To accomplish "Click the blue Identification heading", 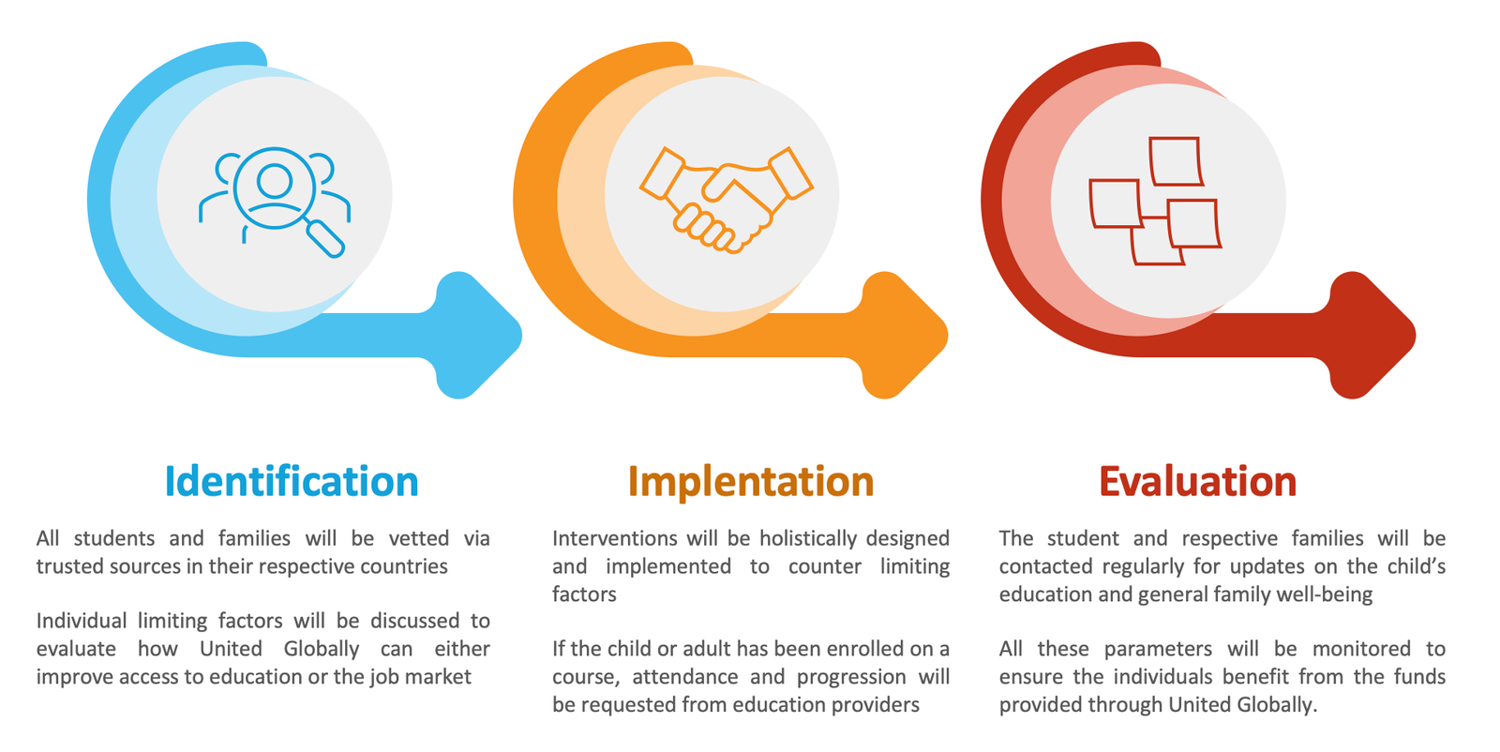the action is click(292, 481).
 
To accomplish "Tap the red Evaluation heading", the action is click(1198, 481).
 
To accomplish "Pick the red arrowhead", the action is click(1372, 335).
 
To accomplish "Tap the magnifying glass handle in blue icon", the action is click(325, 238).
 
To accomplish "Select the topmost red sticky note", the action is click(1176, 160).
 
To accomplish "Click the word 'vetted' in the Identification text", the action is click(419, 538).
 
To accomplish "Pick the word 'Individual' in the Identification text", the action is click(81, 621).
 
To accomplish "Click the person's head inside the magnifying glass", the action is click(275, 181).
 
